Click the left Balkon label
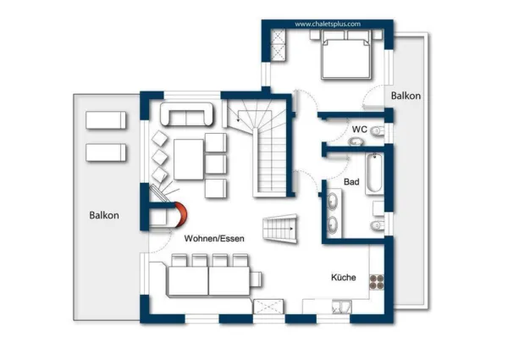104,215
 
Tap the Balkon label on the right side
406,97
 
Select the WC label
359,129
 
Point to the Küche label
344,277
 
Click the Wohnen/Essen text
217,239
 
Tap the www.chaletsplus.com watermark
328,25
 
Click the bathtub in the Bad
377,174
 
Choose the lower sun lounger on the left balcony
106,152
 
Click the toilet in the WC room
378,131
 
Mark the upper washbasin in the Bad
333,202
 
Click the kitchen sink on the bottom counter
343,306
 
